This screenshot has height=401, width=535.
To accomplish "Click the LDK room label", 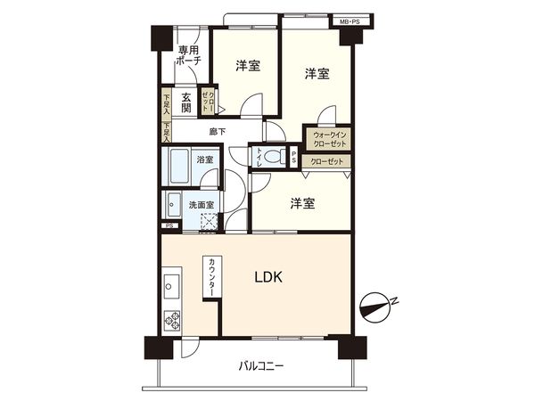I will coord(268,277).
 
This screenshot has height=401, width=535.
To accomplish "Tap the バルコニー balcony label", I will coord(261,365).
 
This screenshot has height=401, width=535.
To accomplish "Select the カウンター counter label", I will coord(212,278).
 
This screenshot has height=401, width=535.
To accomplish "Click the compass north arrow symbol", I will coord(379,308).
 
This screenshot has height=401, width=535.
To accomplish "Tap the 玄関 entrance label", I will coord(185,102).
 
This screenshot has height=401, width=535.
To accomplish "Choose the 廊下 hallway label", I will coord(218,132).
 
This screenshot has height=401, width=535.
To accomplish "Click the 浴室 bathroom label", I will coord(204,159).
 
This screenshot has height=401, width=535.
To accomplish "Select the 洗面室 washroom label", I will coord(201,204).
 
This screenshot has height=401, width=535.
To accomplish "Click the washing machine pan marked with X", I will coord(208,222).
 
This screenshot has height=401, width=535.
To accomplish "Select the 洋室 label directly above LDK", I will coord(301,204).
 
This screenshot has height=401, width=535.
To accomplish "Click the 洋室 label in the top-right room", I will coord(315,74).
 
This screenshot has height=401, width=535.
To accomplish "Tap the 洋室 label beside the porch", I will coord(247,66).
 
